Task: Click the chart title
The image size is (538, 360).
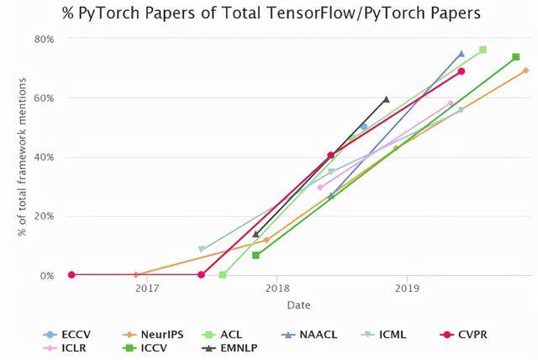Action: pyautogui.click(x=268, y=13)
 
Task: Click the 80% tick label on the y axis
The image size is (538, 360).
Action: pyautogui.click(x=44, y=40)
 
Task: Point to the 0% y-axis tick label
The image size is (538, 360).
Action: pyautogui.click(x=47, y=275)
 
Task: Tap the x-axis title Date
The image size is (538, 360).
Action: pyautogui.click(x=298, y=304)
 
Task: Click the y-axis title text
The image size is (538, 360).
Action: pyautogui.click(x=21, y=157)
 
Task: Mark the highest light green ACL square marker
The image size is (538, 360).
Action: pyautogui.click(x=483, y=50)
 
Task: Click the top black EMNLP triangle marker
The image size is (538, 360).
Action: pyautogui.click(x=386, y=99)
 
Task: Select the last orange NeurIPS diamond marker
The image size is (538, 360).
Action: pyautogui.click(x=525, y=71)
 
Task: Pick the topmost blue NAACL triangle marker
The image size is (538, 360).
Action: pyautogui.click(x=461, y=53)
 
